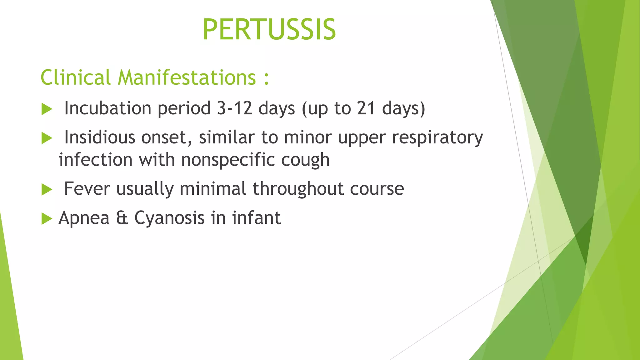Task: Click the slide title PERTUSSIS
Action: click(269, 30)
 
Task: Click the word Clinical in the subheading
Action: click(75, 77)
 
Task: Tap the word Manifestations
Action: click(187, 77)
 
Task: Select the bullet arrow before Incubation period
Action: click(47, 109)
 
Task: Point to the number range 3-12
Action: click(234, 108)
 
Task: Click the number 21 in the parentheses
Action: click(366, 108)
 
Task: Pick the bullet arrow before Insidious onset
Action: click(47, 138)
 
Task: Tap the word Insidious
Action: click(99, 137)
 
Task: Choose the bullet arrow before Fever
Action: click(47, 189)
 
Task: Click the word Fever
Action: click(87, 188)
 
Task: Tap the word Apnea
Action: click(84, 218)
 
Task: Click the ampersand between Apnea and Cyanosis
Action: click(122, 218)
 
